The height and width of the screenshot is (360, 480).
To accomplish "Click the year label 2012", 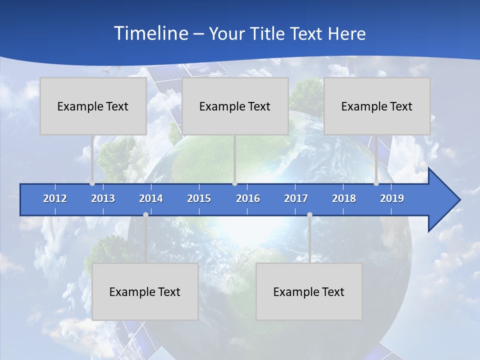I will (55, 198).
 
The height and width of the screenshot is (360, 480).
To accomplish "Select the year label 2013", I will (103, 198).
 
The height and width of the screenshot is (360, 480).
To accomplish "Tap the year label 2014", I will (151, 198).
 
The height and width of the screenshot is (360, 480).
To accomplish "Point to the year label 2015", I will (199, 198).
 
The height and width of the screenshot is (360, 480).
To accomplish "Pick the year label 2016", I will (248, 198).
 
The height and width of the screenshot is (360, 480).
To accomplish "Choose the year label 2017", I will (296, 198).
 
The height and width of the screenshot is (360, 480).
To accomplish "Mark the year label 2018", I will (344, 198).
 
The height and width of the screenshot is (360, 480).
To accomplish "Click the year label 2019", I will (392, 198).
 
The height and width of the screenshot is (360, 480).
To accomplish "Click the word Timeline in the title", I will (150, 33).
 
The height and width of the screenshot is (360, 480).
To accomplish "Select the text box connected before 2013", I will (93, 106).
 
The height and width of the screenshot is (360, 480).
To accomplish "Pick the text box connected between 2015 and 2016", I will (235, 106).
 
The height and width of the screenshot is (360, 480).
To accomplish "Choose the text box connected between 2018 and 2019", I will (377, 106).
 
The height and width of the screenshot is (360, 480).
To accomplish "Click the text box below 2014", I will (145, 291).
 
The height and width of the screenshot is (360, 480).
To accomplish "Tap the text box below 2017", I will (309, 291).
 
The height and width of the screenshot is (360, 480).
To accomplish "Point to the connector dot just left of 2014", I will (145, 214).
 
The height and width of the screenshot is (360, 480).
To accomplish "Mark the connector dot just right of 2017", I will (309, 214).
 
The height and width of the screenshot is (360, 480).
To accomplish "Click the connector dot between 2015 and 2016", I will (234, 183).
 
